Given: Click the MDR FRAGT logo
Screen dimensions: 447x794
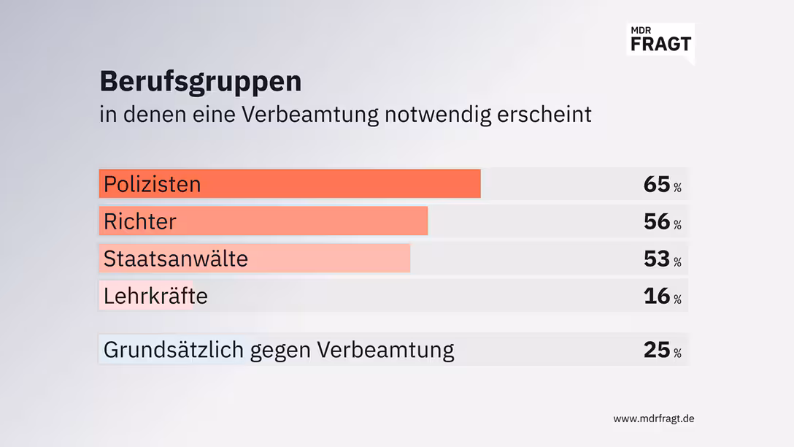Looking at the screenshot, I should (660, 39).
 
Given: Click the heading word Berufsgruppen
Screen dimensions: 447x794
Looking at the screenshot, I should (200, 82).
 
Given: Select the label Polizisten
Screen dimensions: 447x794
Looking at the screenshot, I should (152, 184).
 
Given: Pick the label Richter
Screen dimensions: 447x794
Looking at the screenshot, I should (139, 221).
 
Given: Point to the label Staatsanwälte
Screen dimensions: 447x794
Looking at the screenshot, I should (175, 259).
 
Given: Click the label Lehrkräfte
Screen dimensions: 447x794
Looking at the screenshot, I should (155, 296).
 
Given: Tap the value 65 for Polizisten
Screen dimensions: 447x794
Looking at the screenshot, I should (656, 184).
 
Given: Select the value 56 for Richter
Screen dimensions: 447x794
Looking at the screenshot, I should (656, 221).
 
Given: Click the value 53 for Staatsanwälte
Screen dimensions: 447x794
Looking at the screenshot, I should (656, 259).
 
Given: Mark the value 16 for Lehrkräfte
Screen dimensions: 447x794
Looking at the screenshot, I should (656, 296).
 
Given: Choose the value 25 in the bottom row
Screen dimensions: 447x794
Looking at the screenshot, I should (656, 350).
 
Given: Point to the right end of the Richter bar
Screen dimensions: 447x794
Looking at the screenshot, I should (425, 221).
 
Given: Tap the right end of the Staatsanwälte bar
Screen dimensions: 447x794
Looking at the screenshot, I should (408, 259).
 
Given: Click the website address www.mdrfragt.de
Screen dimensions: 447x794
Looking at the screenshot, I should (653, 419).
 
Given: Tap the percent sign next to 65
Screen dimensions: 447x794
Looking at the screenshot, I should (677, 188).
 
